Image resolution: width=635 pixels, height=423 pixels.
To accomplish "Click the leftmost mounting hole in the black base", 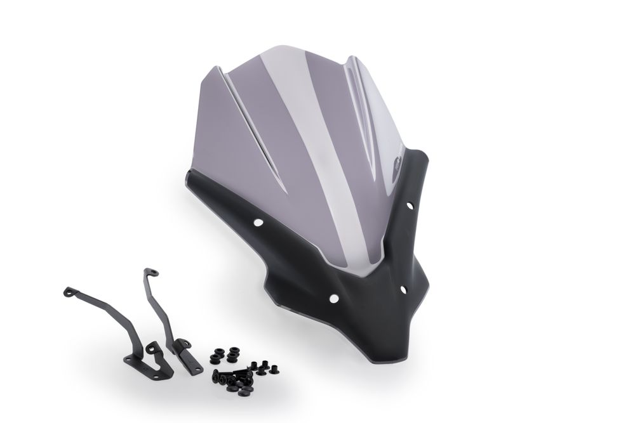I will pyautogui.click(x=258, y=223).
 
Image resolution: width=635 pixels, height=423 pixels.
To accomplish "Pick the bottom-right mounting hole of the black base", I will pyautogui.click(x=403, y=289).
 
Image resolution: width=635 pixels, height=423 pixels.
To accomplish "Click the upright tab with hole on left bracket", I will pyautogui.click(x=153, y=348).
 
